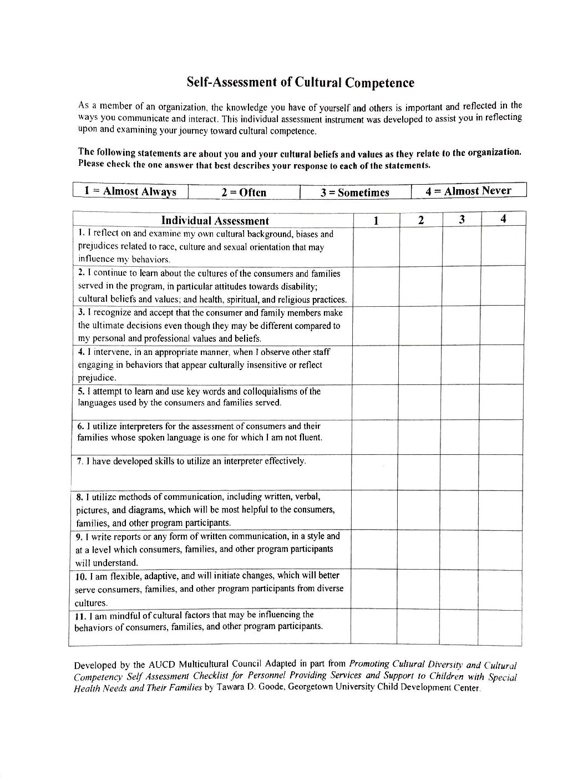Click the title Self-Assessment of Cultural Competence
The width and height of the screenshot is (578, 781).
pyautogui.click(x=300, y=83)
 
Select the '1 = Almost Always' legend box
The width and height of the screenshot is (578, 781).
pyautogui.click(x=130, y=191)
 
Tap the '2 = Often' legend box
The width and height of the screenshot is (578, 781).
pyautogui.click(x=244, y=192)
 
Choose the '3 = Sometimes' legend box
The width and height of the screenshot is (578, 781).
pyautogui.click(x=355, y=192)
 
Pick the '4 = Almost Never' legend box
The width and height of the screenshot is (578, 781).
pyautogui.click(x=468, y=191)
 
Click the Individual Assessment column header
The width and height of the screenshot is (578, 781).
pyautogui.click(x=215, y=221)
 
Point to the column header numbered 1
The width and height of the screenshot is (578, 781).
pyautogui.click(x=376, y=221)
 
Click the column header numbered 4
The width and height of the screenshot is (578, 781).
pyautogui.click(x=503, y=219)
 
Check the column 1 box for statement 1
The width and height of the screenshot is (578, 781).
pyautogui.click(x=376, y=247)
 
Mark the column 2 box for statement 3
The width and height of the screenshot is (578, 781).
pyautogui.click(x=421, y=326)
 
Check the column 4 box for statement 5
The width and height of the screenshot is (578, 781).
pyautogui.click(x=502, y=402)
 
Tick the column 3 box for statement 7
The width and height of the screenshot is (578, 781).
pyautogui.click(x=460, y=473)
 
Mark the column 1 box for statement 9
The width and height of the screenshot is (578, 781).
pyautogui.click(x=374, y=550)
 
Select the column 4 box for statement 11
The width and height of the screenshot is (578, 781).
pyautogui.click(x=500, y=627)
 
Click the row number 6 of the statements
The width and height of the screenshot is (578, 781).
pyautogui.click(x=80, y=426)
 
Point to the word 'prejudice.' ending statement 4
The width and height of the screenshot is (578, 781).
pyautogui.click(x=97, y=378)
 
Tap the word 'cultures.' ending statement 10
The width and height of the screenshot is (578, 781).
pyautogui.click(x=91, y=603)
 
